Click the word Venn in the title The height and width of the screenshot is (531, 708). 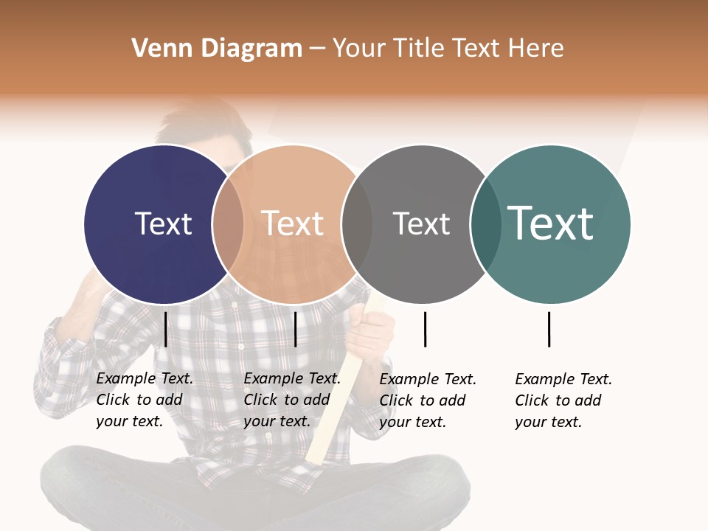156,49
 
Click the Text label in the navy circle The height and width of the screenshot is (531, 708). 163,223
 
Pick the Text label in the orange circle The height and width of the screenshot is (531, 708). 293,223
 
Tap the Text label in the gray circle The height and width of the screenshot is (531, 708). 421,223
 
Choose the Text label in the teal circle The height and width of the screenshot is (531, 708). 551,223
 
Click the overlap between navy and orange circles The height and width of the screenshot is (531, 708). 228,223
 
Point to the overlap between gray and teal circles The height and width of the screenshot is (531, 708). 485,223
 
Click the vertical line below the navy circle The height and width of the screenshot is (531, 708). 165,329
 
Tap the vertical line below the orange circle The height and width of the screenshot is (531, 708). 295,329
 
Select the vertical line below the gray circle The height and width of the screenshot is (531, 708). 425,329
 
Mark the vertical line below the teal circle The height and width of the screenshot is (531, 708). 549,329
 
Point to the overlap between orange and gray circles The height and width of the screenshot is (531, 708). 357,223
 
